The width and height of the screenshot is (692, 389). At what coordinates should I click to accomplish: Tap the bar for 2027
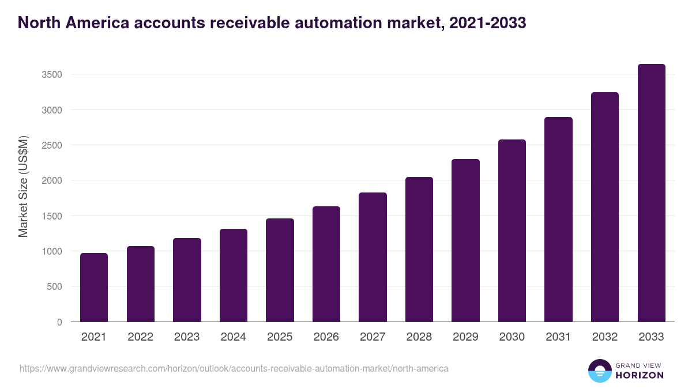(373, 257)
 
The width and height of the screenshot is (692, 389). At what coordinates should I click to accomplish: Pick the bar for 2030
(512, 231)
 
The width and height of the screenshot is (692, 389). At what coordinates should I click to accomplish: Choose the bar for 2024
(234, 275)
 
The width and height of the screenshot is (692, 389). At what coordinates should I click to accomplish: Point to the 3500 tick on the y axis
(51, 74)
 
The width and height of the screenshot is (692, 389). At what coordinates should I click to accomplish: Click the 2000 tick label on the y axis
(51, 180)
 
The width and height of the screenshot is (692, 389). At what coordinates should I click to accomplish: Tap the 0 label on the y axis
(59, 322)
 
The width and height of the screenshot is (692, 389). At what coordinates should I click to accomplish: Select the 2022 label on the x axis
(140, 337)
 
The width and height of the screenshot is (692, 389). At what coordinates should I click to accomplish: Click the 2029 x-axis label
(465, 337)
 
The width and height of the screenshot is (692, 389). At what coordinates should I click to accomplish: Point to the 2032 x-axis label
(605, 337)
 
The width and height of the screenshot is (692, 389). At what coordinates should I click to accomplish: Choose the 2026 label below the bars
(326, 337)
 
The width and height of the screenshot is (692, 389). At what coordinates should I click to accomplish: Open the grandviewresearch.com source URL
(234, 368)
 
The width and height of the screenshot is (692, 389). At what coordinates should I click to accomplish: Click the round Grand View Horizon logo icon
(600, 371)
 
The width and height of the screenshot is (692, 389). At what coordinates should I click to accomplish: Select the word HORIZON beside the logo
(640, 375)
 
